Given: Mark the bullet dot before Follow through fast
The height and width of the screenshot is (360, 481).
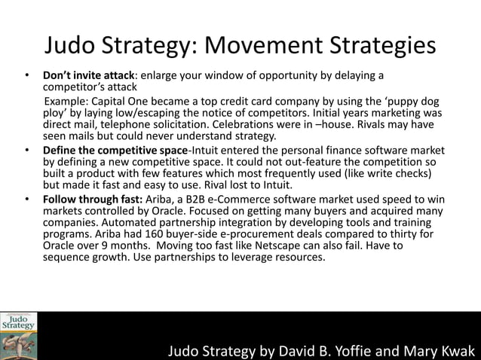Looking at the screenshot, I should (27, 192).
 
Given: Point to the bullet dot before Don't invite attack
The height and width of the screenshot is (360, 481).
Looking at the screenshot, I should (27, 75).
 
